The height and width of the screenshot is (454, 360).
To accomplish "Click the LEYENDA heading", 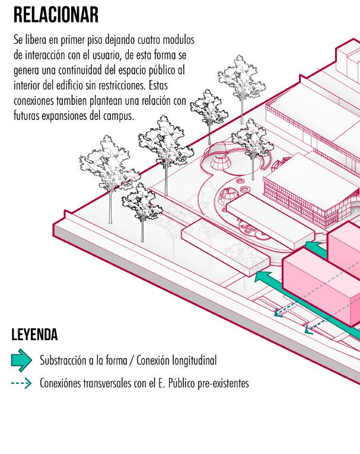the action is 34,335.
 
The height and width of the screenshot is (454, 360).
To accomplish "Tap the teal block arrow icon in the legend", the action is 21,360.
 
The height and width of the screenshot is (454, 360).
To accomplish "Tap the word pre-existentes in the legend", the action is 223,383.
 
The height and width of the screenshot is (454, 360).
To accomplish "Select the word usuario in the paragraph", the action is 107,56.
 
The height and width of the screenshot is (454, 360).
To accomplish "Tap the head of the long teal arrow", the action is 262,275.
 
